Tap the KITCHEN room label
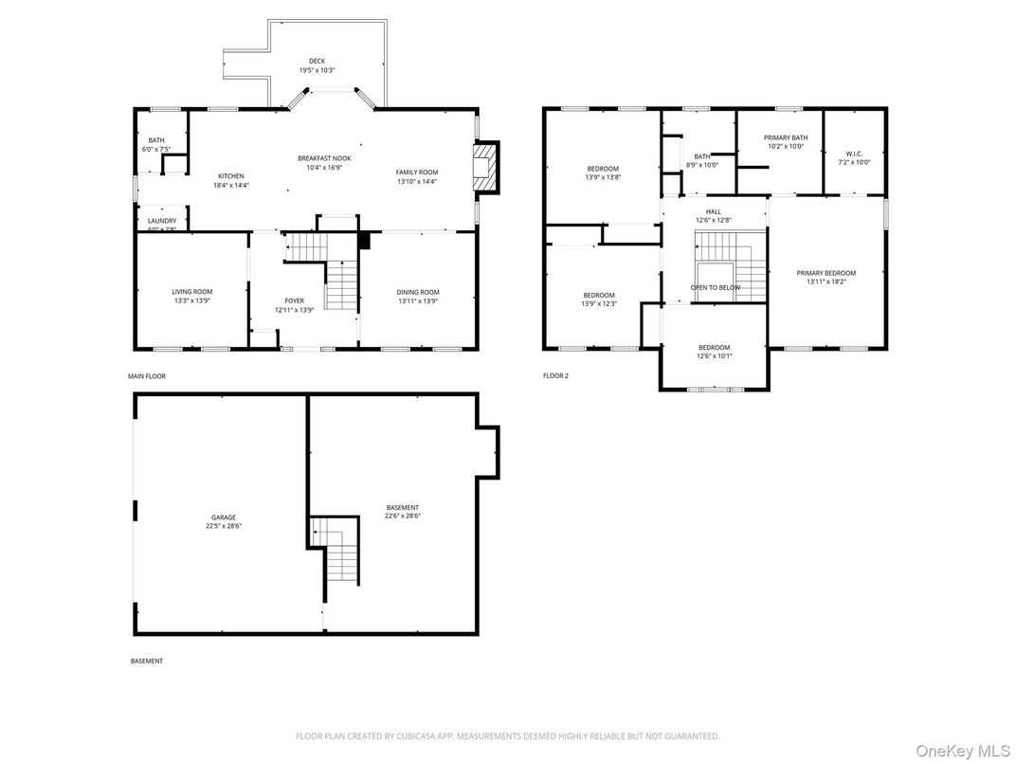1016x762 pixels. pos(231,176)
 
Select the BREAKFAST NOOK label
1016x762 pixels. pos(324,158)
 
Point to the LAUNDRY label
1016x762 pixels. pos(162,221)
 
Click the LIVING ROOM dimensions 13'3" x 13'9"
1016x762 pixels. pos(192,300)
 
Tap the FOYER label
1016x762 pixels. pos(295,300)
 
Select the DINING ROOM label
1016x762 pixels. pos(418,292)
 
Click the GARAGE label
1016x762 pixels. pos(224,517)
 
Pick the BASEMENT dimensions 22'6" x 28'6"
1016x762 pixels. pos(402,517)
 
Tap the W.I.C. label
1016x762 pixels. pos(854,154)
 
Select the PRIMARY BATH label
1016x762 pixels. pos(786,137)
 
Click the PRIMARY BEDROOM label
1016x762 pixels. pos(825,273)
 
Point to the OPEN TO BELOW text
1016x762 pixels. pos(716,287)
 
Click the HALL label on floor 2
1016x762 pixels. pos(714,211)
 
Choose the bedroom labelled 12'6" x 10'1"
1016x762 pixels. pos(714,352)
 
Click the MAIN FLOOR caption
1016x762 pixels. pos(147,376)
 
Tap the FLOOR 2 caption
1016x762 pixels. pos(555,376)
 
